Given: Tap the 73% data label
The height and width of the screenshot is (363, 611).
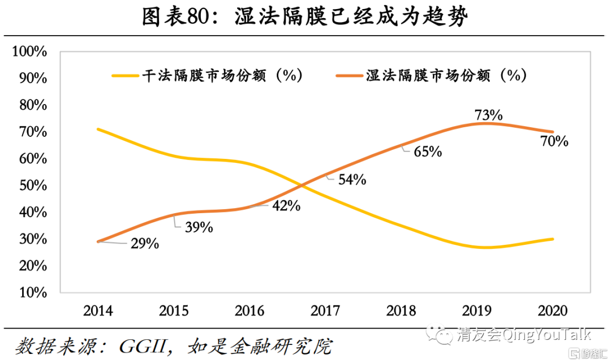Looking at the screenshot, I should tap(489, 115).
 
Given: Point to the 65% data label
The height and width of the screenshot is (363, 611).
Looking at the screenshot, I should tap(428, 152).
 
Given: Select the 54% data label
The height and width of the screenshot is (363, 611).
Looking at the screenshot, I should tap(352, 180).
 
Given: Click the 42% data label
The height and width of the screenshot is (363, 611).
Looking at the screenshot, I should tap(286, 206).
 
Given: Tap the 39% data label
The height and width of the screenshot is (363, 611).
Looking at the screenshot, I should tap(199, 227).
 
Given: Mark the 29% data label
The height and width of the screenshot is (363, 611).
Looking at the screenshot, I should tap(145, 244).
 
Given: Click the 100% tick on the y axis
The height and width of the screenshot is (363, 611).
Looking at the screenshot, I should tap(29, 52).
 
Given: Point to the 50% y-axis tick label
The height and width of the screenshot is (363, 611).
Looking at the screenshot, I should tap(32, 186).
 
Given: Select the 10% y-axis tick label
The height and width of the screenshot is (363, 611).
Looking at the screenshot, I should tap(32, 293).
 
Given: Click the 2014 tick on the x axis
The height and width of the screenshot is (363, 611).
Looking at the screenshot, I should tap(98, 311).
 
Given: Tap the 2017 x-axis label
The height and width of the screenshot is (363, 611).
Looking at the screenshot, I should tap(325, 311).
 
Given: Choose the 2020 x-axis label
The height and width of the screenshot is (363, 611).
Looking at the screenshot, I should tap(552, 311).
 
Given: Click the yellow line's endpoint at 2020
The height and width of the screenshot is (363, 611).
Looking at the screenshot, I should tap(552, 239).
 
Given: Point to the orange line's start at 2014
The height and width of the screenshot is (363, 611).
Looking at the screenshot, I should tap(98, 241).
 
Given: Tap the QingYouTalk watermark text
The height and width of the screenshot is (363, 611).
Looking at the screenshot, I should tap(547, 334).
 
